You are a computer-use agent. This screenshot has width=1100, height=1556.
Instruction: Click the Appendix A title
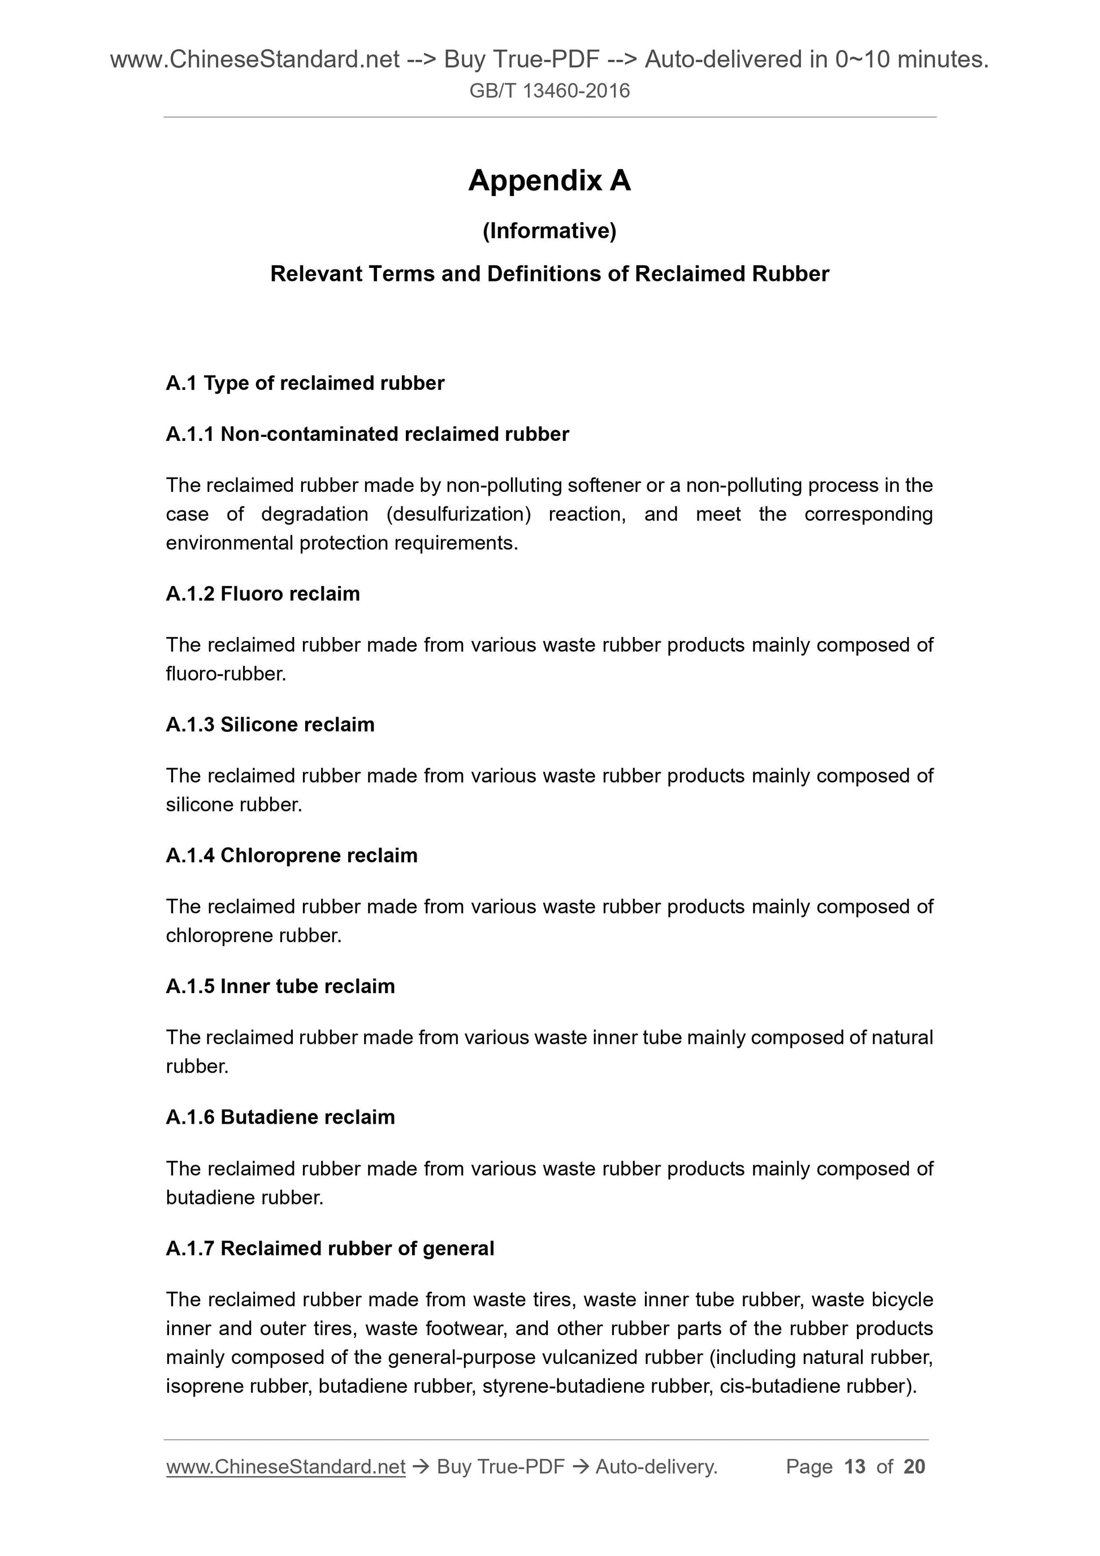coord(549,181)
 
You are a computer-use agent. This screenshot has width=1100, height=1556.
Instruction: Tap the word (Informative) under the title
coord(549,231)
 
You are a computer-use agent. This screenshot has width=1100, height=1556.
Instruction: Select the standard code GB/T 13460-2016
coord(549,91)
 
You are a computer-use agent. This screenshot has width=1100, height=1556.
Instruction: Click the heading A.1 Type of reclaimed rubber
coord(305,384)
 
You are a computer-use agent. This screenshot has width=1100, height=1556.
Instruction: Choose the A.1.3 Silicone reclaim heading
coord(270,725)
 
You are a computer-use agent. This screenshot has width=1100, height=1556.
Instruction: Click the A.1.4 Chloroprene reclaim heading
coord(292,856)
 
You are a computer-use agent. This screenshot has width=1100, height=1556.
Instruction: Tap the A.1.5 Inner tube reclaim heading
coord(280,987)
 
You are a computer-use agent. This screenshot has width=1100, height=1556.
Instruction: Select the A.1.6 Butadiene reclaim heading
coord(280,1117)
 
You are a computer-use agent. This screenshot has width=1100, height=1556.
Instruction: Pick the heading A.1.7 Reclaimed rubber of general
coord(330,1249)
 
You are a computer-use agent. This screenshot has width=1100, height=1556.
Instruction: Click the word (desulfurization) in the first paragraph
coord(458,514)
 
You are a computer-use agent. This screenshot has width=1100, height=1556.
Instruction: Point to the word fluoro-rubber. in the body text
coord(226,674)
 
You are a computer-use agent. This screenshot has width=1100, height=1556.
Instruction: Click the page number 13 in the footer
coord(855,1467)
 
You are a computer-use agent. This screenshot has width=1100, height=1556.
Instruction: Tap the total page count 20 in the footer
coord(914,1467)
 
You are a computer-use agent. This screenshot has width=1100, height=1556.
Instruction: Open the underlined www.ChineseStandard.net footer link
coord(285,1467)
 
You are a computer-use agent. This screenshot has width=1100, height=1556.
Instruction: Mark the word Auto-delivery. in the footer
coord(656,1467)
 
